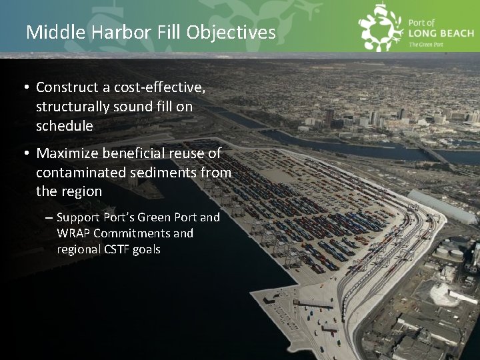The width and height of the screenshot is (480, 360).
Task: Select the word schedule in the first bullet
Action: point(64,125)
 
